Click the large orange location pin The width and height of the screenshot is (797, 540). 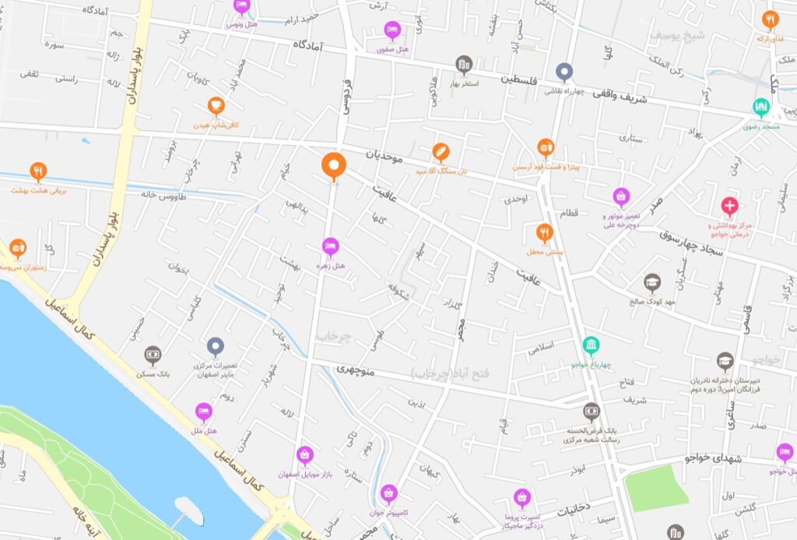334,165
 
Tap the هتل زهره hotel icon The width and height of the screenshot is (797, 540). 331,247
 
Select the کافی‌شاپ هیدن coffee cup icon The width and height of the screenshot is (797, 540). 216,106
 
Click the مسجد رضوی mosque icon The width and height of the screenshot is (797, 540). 761,107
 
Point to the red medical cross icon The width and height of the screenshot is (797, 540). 729,206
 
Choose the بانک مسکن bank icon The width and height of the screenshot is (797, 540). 153,355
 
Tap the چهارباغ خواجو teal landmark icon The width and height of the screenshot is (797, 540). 592,344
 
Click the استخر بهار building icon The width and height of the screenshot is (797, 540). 464,64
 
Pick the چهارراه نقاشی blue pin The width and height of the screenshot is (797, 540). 564,72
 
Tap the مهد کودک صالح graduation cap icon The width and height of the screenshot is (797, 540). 652,283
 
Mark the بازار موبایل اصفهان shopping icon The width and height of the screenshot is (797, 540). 304,454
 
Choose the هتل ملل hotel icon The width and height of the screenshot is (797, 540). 204,411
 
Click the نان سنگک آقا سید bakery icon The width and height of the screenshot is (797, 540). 441,151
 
